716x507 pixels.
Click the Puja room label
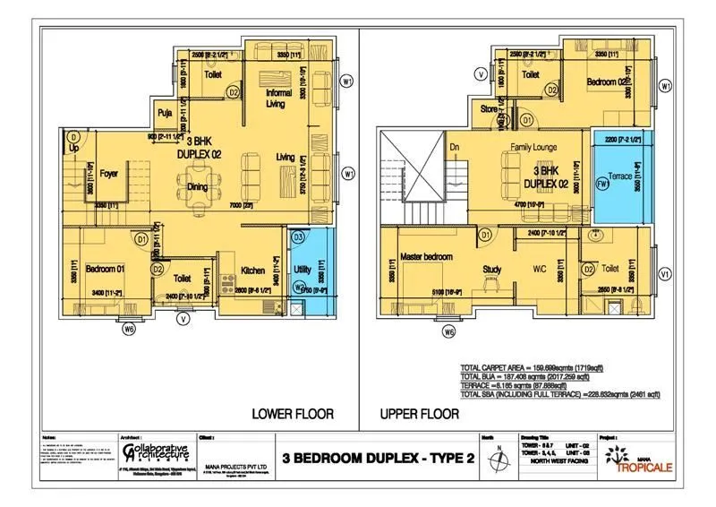pos(165,114)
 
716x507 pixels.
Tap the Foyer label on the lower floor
pos(110,174)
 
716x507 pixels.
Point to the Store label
pos(489,110)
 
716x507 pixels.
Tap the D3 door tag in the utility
pos(299,236)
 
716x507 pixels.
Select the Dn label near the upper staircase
pos(454,147)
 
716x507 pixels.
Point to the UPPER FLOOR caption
pos(421,414)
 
